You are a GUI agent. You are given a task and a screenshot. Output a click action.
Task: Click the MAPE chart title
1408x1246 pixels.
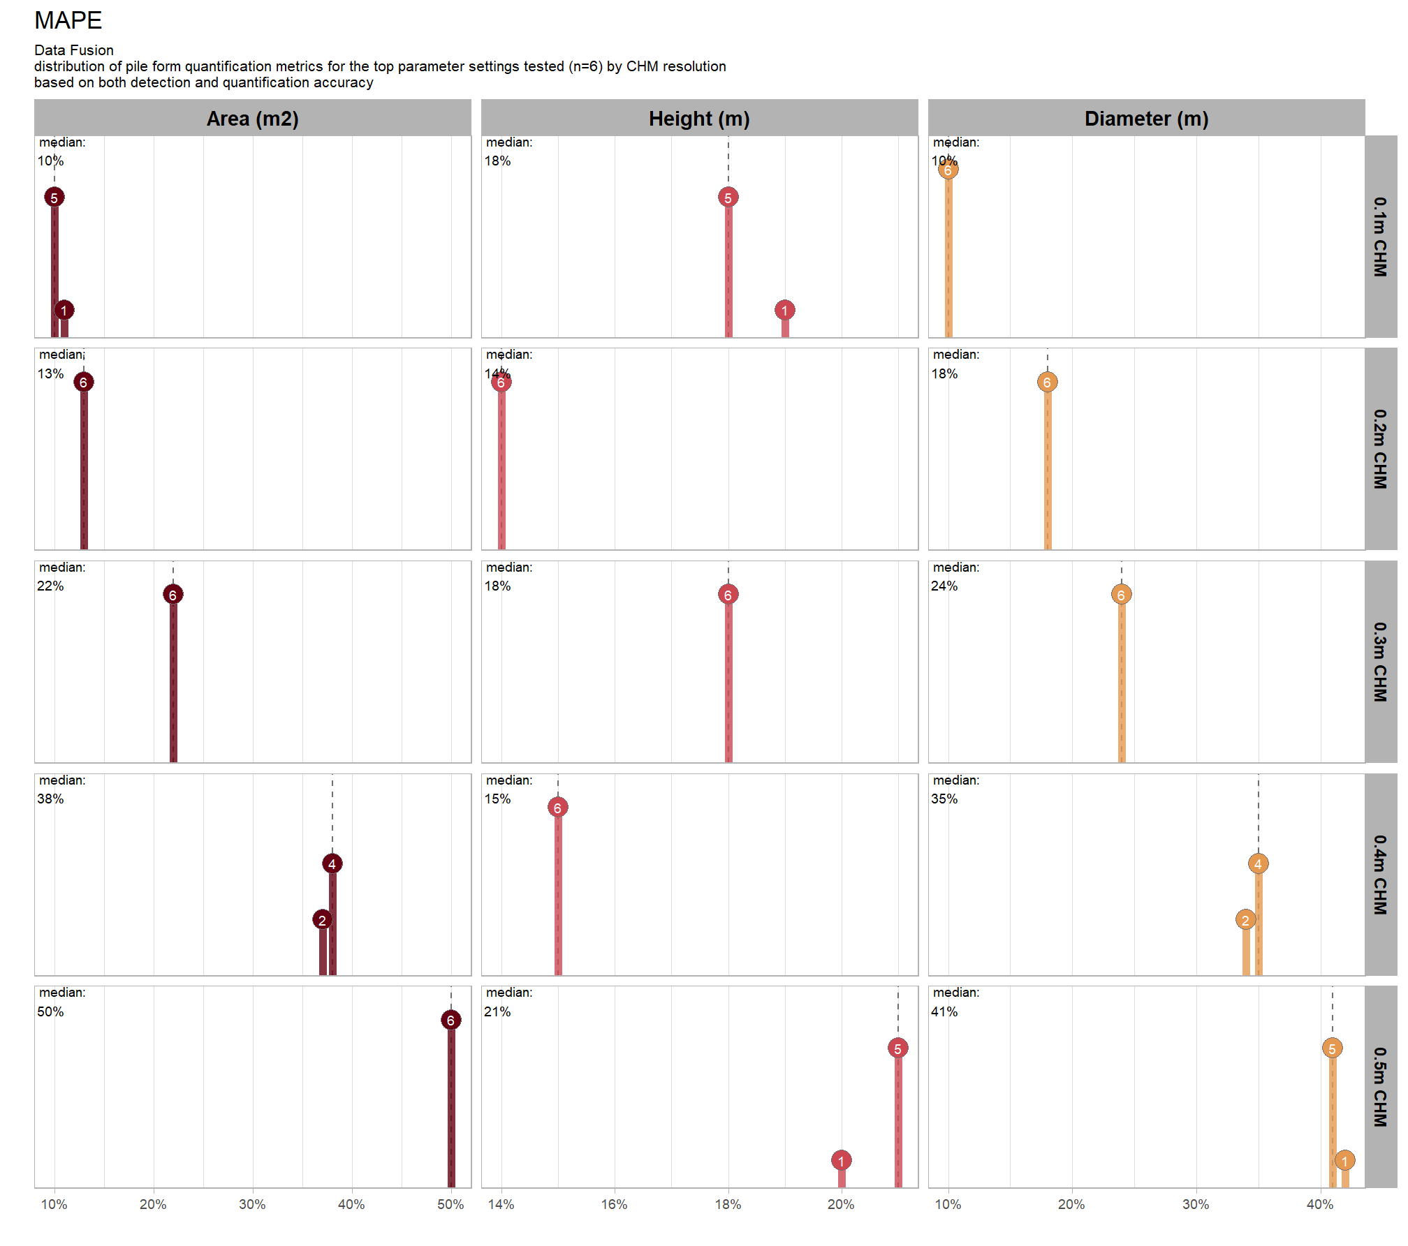tap(68, 21)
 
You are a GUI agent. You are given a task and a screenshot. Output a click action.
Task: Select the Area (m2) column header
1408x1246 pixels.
tap(252, 119)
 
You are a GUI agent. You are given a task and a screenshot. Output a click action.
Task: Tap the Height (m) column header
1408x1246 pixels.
tap(699, 119)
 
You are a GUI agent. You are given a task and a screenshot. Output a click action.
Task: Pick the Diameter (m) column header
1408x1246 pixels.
tap(1146, 119)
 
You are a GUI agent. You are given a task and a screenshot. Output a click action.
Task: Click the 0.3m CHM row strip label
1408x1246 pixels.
tap(1380, 662)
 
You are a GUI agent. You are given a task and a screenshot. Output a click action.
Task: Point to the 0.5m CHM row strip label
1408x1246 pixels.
tap(1380, 1087)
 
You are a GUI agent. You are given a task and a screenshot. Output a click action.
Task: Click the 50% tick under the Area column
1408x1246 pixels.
tap(450, 1204)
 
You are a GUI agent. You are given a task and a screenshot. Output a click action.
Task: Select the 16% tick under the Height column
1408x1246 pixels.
tap(614, 1204)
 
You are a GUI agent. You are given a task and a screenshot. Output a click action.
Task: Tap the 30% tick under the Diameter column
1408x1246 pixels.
tap(1195, 1204)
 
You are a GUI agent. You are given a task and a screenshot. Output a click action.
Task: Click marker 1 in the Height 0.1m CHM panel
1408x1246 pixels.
tap(784, 310)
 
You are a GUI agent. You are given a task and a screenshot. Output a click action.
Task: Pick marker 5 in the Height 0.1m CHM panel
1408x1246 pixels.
tap(728, 198)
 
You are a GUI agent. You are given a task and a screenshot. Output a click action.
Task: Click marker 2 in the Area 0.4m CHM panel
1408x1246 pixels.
tap(322, 920)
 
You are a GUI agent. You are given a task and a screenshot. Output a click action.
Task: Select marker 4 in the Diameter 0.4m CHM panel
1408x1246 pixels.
tap(1258, 864)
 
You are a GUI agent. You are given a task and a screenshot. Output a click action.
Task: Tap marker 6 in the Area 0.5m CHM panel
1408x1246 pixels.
tap(450, 1020)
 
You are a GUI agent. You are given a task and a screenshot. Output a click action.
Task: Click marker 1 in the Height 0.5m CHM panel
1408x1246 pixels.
tap(841, 1161)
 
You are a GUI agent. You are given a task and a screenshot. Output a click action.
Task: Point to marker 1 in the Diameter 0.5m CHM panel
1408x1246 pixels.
tap(1344, 1161)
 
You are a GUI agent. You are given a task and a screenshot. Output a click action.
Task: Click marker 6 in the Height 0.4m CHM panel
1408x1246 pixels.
tap(557, 808)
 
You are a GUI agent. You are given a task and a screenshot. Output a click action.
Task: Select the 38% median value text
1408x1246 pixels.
tap(50, 799)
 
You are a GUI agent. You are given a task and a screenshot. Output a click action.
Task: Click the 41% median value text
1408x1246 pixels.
tap(944, 1011)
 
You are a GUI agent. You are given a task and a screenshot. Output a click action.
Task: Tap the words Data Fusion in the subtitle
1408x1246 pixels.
tap(74, 50)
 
